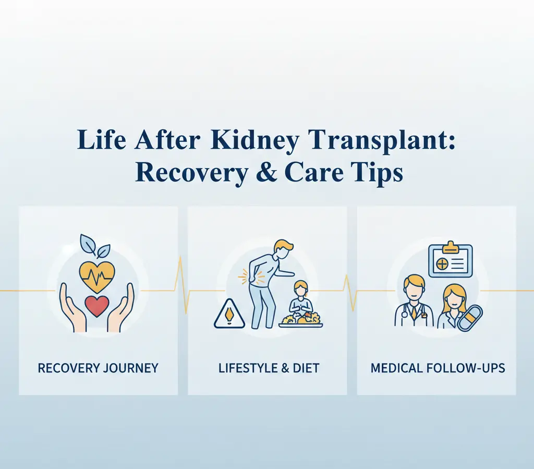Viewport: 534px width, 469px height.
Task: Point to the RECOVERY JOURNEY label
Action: coord(98,368)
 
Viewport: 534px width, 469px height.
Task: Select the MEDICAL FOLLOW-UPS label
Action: coord(438,368)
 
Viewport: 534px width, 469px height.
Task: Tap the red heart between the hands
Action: coord(96,306)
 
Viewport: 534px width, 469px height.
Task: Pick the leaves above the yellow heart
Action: coord(94,245)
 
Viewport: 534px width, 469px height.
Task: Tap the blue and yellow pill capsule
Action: coord(470,318)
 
